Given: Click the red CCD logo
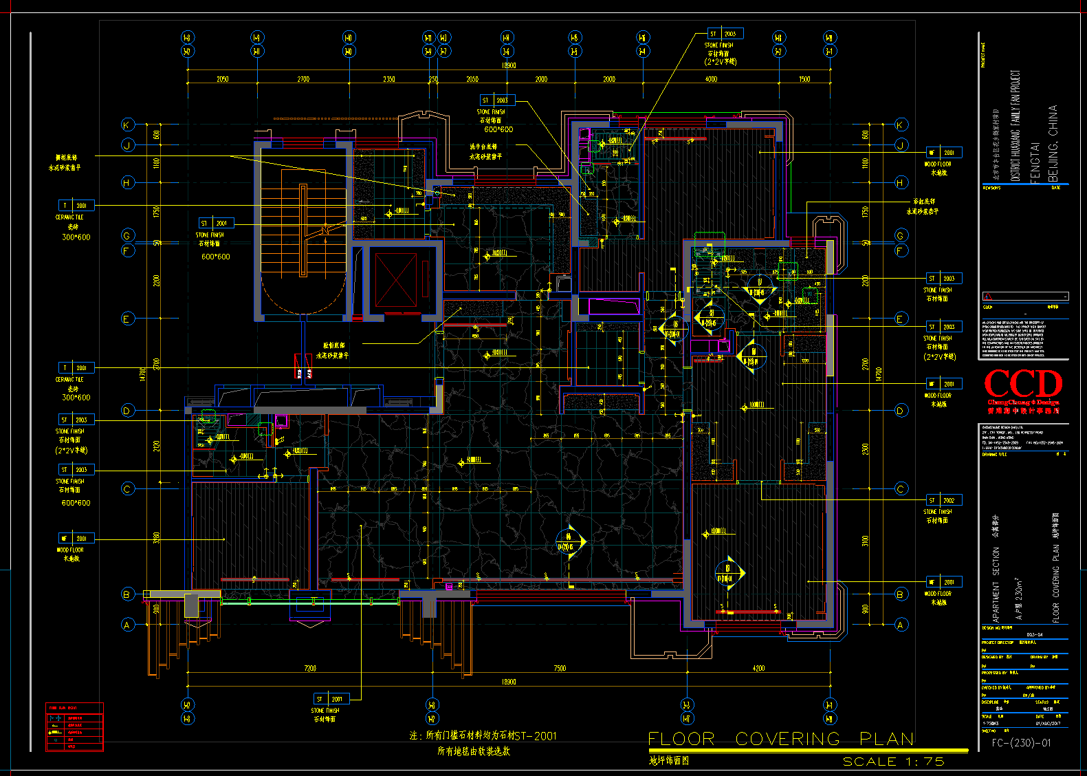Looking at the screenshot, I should tap(1023, 385).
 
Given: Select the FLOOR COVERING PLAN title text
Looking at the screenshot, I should tap(781, 740).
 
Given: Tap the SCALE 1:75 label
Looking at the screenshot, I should tap(893, 762).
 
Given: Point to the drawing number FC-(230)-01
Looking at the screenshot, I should tap(1021, 743).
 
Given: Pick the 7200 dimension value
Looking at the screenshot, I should tap(310, 668).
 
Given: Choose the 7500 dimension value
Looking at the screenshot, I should tap(560, 668).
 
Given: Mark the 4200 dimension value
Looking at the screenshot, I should tap(758, 668).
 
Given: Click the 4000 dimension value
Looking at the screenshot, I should tap(711, 79).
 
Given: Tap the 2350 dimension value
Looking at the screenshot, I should tap(389, 79).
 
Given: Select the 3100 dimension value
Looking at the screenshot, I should tap(865, 541).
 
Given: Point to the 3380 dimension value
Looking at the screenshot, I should tap(157, 537).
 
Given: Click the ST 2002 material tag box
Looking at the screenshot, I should tap(943, 500).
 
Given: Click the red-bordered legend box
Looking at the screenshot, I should tap(74, 727).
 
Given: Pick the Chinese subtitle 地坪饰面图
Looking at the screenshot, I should tap(669, 760).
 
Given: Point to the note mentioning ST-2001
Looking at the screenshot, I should tap(483, 735).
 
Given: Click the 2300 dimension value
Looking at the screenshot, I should tap(865, 449).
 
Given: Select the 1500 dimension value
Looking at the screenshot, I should tap(804, 79).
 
